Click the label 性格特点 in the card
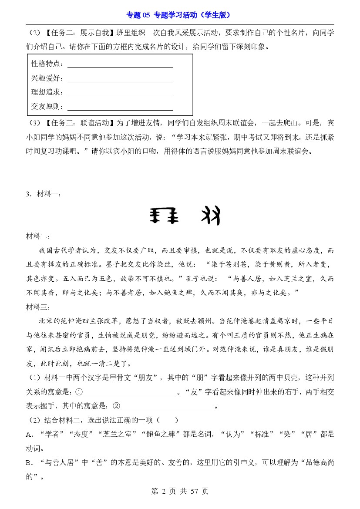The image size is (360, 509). [x=47, y=64]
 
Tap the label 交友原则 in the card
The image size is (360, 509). [x=47, y=106]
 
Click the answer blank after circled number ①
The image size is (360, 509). [x=130, y=393]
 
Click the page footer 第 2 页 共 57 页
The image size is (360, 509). [x=180, y=491]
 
